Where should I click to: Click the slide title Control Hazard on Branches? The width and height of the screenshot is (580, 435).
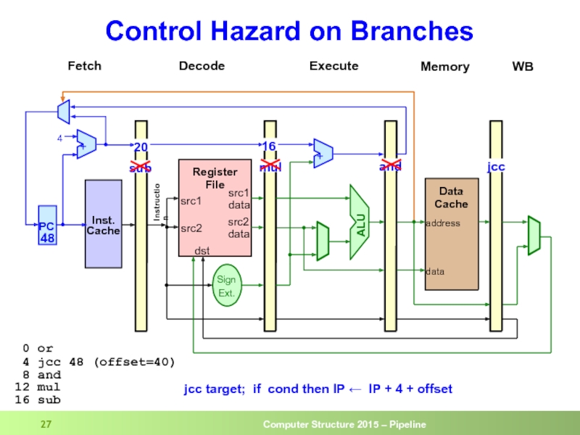(x=289, y=31)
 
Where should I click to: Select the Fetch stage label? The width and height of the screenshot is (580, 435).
(x=84, y=66)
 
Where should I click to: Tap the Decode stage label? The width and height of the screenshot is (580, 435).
(x=202, y=66)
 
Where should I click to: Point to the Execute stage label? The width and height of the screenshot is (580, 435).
(x=333, y=66)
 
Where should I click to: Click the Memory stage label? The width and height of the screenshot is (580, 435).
(x=444, y=67)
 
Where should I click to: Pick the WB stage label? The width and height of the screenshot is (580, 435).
(x=523, y=67)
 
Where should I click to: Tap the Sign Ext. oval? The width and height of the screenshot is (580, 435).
(x=226, y=286)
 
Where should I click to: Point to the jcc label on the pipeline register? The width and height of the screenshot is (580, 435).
(x=496, y=167)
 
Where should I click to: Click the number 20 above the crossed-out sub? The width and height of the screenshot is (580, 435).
(x=141, y=147)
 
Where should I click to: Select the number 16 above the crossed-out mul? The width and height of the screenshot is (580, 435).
(x=269, y=147)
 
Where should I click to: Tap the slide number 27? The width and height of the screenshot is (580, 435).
(x=47, y=424)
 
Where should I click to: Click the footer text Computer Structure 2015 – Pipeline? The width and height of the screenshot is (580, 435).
(x=344, y=424)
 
